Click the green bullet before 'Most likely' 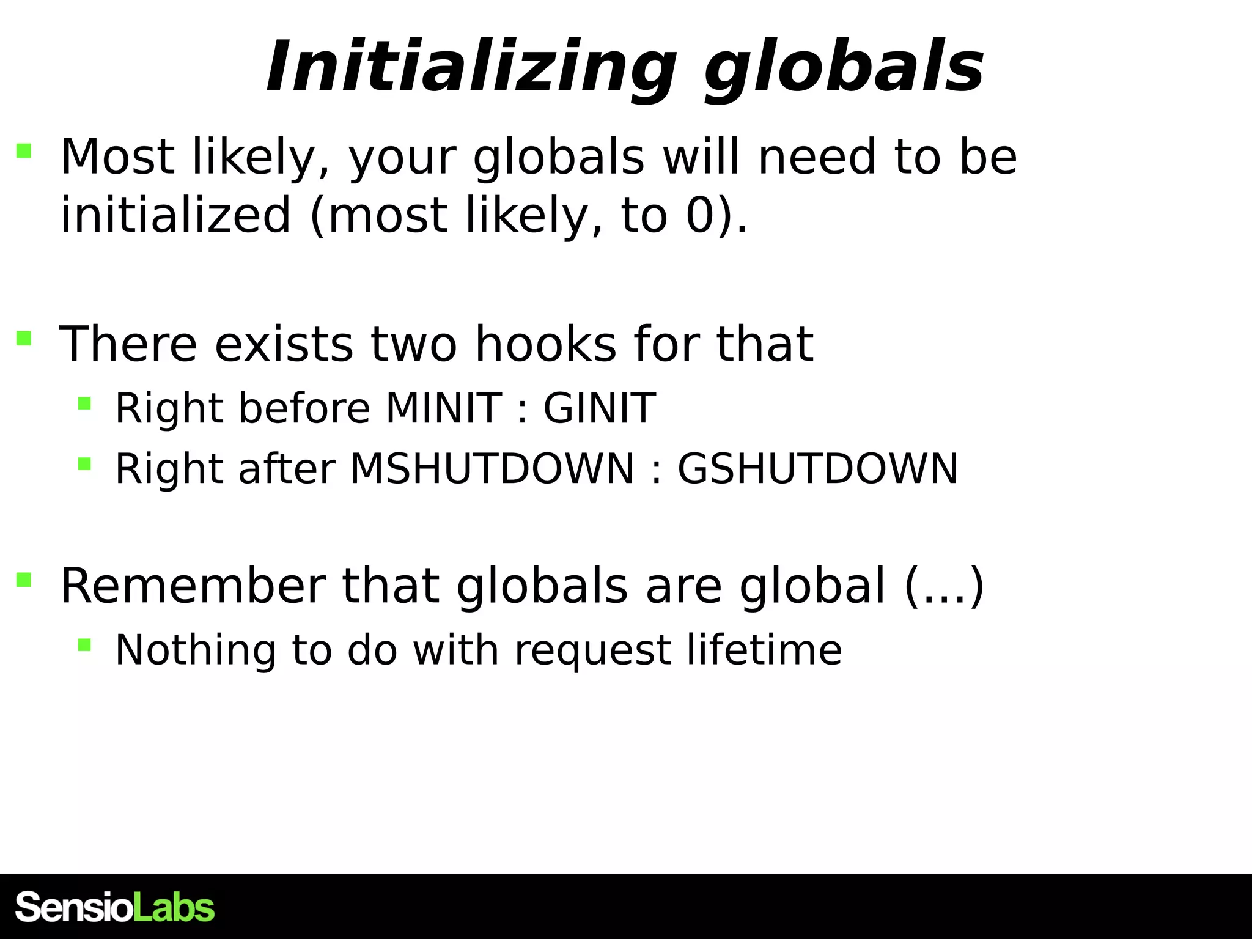[x=24, y=151]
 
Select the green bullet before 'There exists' [x=24, y=338]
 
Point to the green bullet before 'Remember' [x=24, y=580]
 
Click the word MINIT [x=444, y=408]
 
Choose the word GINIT [x=599, y=408]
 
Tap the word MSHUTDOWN [x=492, y=469]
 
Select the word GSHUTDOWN [x=817, y=469]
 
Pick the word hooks [x=545, y=344]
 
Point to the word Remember [x=193, y=586]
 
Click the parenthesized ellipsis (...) [x=943, y=586]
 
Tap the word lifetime [x=764, y=649]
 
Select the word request [x=592, y=650]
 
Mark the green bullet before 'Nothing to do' [x=84, y=644]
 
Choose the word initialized [x=175, y=215]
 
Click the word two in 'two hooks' [x=414, y=344]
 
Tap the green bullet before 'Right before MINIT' [x=84, y=403]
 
